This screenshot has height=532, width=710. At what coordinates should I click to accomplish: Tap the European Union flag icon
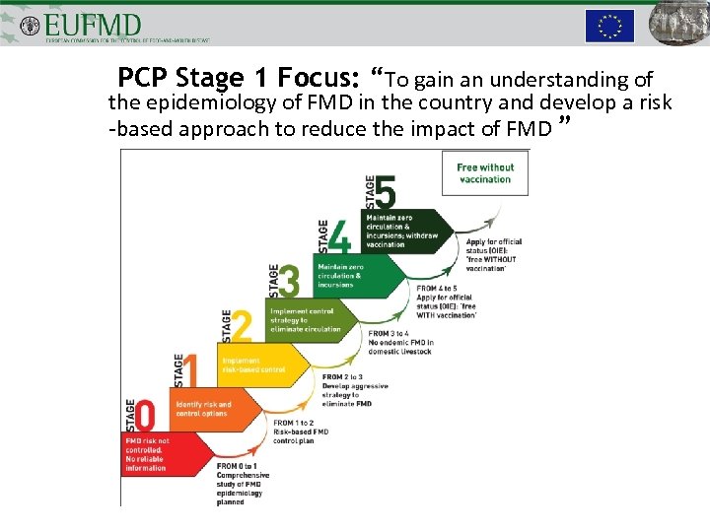point(609,26)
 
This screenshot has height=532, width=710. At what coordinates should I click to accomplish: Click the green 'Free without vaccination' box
point(485,173)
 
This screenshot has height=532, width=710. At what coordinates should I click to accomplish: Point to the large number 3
point(290,282)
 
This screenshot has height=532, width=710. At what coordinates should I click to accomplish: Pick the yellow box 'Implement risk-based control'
point(258,365)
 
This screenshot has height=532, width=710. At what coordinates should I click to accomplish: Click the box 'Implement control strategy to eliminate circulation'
point(306,319)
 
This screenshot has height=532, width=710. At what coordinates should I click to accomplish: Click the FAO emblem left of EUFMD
point(30,24)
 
